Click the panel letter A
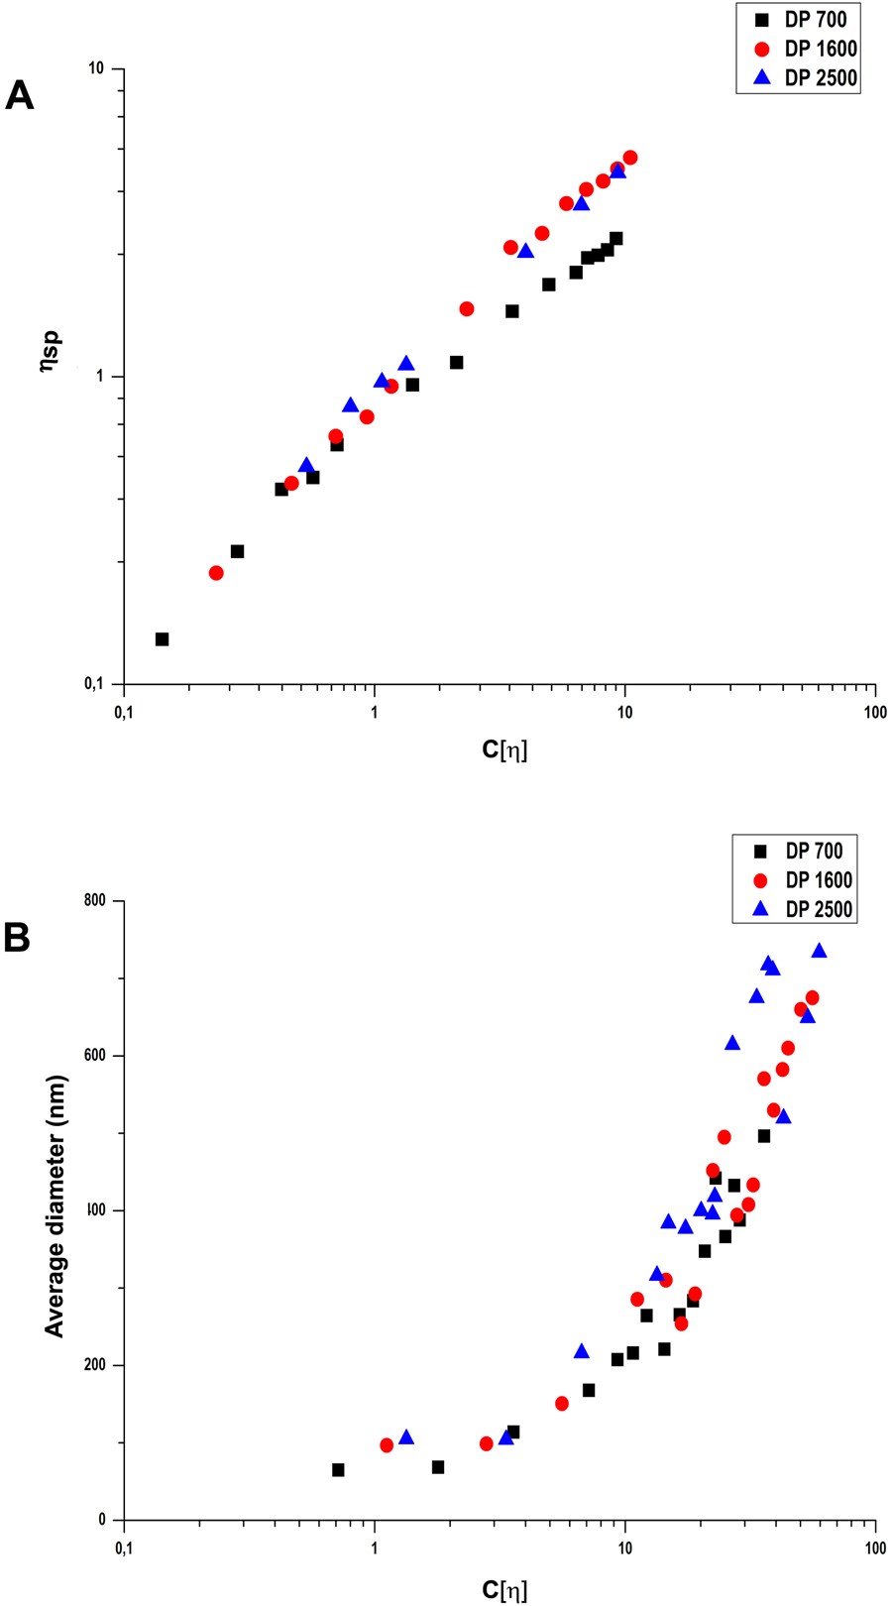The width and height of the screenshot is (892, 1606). (x=20, y=96)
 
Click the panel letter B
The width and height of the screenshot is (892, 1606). (x=18, y=938)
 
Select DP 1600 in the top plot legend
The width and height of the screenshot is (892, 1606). (x=820, y=49)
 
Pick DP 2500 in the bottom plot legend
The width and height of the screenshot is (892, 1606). (x=818, y=909)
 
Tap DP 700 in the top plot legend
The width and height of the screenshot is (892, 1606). (x=815, y=19)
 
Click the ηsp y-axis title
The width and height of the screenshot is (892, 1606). (x=52, y=350)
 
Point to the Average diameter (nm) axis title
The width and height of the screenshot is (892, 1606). (x=56, y=1205)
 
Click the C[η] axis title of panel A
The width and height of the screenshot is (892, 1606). (x=504, y=749)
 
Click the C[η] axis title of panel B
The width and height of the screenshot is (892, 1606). (x=504, y=1590)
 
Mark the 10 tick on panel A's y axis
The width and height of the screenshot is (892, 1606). (x=95, y=68)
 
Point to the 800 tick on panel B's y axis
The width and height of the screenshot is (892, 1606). (x=95, y=901)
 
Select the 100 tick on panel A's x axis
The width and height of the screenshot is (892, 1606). (x=874, y=712)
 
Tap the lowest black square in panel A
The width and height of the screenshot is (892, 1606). (x=162, y=639)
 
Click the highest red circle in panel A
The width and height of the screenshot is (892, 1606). (x=629, y=158)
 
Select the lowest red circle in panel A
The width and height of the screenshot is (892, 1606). (x=216, y=573)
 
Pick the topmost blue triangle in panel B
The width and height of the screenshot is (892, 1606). (x=819, y=951)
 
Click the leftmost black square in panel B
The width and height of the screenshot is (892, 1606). (x=338, y=1470)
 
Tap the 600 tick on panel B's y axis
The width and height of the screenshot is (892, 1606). (x=95, y=1056)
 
